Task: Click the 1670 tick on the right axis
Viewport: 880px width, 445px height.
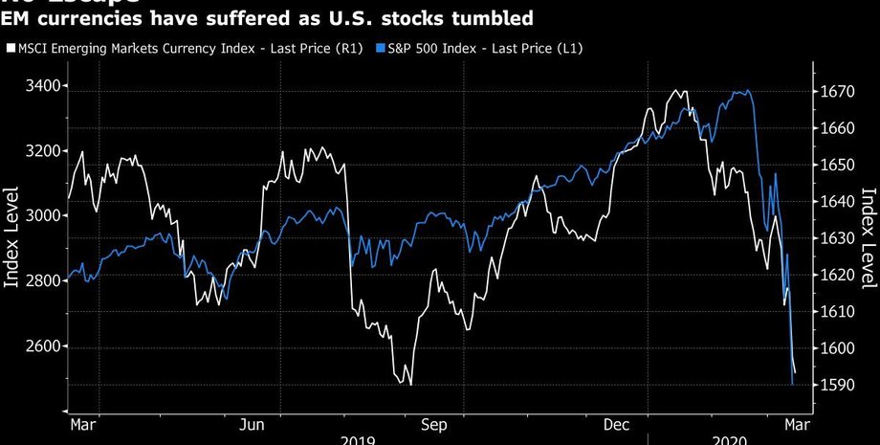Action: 838,92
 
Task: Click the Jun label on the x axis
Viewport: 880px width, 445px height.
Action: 252,423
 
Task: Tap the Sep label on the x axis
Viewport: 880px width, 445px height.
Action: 436,423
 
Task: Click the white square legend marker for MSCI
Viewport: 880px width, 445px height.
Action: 11,47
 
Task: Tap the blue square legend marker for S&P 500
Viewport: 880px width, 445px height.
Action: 382,47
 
